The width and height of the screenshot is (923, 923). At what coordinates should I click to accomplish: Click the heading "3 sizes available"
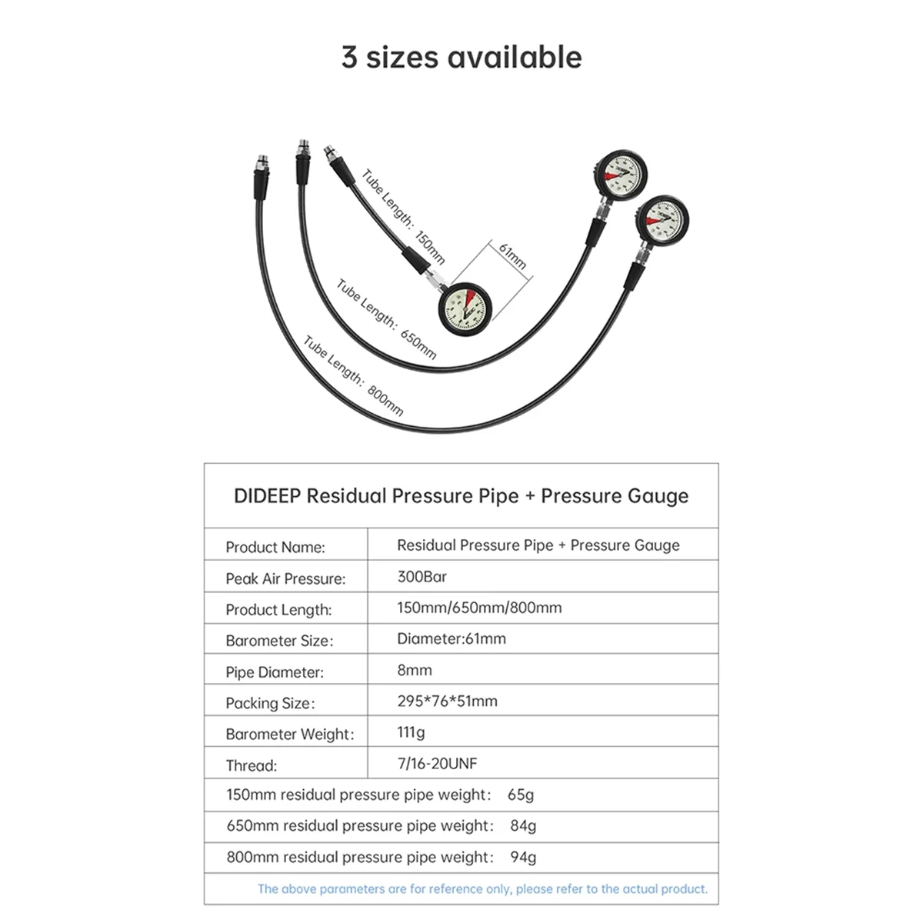[x=461, y=58]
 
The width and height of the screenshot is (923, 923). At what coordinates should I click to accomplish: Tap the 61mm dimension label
[x=512, y=256]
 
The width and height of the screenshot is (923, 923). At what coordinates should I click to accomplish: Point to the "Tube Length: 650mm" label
[x=386, y=319]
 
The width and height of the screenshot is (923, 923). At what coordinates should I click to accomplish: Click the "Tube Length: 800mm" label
[x=353, y=375]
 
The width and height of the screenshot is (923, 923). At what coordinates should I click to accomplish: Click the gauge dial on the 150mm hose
[x=464, y=309]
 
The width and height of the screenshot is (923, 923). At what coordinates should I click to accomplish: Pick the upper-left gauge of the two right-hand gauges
[x=620, y=175]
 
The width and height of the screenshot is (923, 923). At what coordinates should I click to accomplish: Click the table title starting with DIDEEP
[x=461, y=496]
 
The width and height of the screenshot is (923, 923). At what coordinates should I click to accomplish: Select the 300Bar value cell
[x=422, y=576]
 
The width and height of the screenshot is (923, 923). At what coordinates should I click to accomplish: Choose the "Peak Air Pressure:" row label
[x=285, y=579]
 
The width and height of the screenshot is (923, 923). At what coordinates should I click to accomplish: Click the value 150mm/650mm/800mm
[x=479, y=608]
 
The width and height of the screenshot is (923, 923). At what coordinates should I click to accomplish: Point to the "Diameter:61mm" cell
[x=452, y=638]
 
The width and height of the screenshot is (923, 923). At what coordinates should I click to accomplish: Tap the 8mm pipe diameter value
[x=415, y=670]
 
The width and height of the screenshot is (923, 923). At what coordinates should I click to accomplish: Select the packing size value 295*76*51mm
[x=447, y=701]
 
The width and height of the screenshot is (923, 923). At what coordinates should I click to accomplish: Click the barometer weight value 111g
[x=411, y=732]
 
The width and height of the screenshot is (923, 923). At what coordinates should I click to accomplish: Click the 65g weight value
[x=521, y=795]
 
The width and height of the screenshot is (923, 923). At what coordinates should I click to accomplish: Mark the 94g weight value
[x=523, y=857]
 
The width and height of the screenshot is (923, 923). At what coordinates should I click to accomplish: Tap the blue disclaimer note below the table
[x=482, y=889]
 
